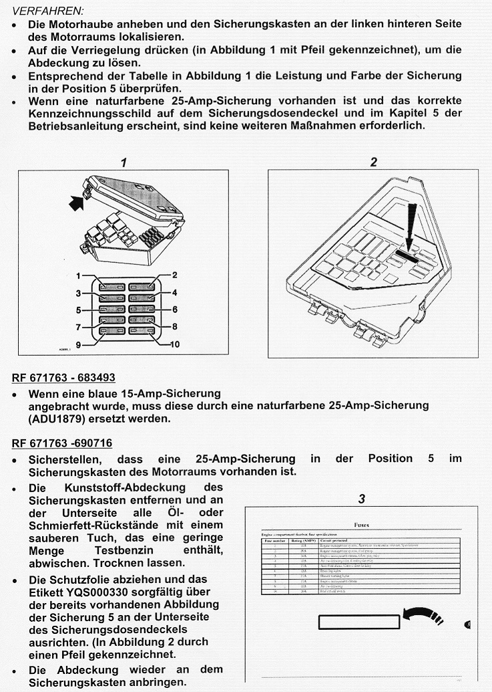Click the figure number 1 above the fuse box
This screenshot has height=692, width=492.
click(124, 162)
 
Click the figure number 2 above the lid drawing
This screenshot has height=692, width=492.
click(374, 162)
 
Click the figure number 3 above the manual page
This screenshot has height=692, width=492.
click(361, 499)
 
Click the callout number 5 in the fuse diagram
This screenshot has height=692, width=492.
click(78, 310)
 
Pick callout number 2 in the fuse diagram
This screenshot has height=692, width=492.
click(174, 275)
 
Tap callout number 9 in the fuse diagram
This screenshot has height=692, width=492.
click(77, 344)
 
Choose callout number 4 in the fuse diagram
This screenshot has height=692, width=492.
click(174, 292)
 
